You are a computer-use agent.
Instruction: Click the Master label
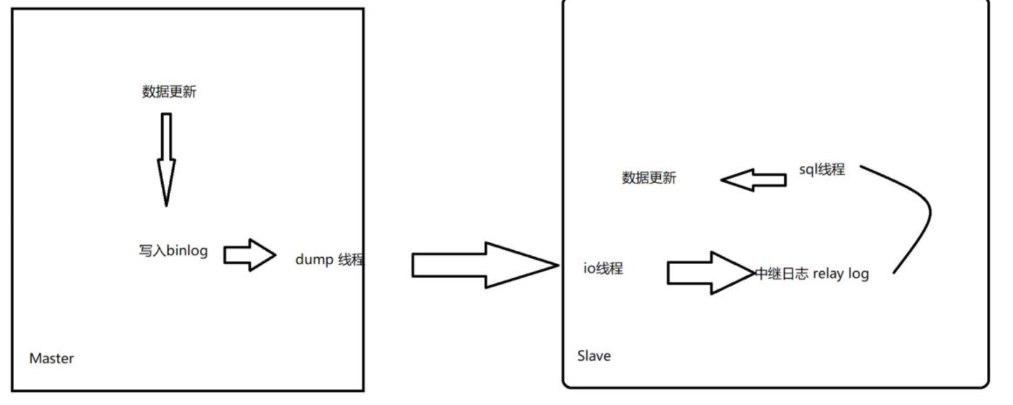(x=51, y=358)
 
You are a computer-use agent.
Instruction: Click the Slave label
(x=594, y=356)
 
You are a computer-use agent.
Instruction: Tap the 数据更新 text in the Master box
(x=169, y=92)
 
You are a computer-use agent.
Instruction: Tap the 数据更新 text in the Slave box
(x=649, y=178)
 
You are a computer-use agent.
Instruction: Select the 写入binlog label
(x=173, y=251)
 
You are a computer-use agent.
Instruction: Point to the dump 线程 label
(x=329, y=259)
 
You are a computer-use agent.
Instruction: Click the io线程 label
(x=603, y=269)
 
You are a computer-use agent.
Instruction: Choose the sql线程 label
(x=821, y=169)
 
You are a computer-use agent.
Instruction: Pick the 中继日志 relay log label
(x=812, y=274)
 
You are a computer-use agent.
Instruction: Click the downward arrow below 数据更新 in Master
(x=166, y=158)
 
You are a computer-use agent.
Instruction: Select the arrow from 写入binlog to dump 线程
(x=250, y=255)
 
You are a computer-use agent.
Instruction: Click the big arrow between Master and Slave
(x=484, y=265)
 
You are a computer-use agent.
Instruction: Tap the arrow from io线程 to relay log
(x=709, y=273)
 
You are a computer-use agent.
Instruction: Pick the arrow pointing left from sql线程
(x=752, y=180)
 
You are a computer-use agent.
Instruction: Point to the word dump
(x=314, y=260)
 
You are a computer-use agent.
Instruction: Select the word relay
(x=828, y=274)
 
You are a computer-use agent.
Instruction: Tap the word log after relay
(x=858, y=274)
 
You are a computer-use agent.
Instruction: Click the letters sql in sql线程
(x=807, y=170)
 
